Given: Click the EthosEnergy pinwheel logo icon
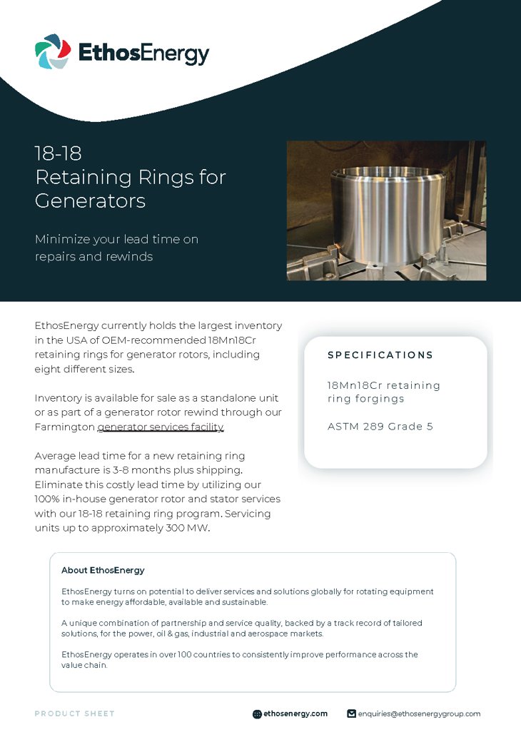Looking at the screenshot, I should pyautogui.click(x=53, y=52).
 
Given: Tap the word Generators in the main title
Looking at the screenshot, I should pyautogui.click(x=90, y=200).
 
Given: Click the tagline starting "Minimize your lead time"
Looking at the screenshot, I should pyautogui.click(x=116, y=248).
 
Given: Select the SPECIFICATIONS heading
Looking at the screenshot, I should pyautogui.click(x=380, y=355).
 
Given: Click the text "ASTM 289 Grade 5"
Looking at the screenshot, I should pyautogui.click(x=380, y=427).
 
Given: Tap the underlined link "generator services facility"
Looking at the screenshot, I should pyautogui.click(x=161, y=427).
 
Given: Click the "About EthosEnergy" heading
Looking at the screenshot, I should pyautogui.click(x=103, y=570).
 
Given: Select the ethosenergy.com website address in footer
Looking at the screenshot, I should pyautogui.click(x=295, y=713).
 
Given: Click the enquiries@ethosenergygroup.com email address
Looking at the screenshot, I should pyautogui.click(x=419, y=713).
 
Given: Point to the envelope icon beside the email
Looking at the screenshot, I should pyautogui.click(x=351, y=713).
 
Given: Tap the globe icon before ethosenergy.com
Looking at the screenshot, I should pyautogui.click(x=257, y=713).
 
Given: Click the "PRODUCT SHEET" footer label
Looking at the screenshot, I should pyautogui.click(x=74, y=713).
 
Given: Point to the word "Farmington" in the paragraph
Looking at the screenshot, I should pyautogui.click(x=64, y=427).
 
